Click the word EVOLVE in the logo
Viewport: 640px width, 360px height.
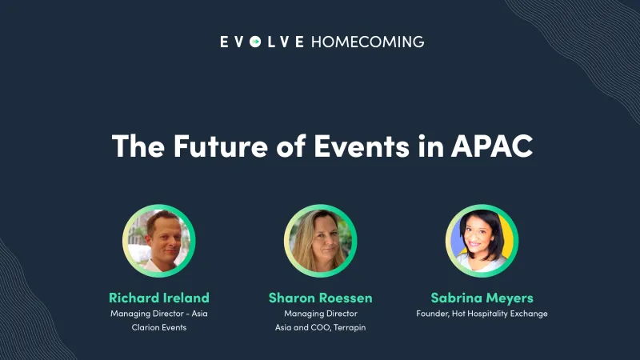point(262,42)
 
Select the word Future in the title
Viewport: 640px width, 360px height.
point(202,146)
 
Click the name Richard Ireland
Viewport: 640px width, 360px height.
point(158,298)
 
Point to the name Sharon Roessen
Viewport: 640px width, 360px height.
point(320,298)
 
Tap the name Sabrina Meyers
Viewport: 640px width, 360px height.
point(482,298)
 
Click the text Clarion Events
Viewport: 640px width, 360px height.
point(158,328)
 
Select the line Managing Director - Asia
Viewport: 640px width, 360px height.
point(158,314)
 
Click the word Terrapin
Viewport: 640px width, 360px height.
point(349,328)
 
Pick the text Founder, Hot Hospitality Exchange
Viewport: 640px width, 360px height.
point(482,314)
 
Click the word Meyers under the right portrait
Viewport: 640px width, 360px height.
point(509,298)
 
